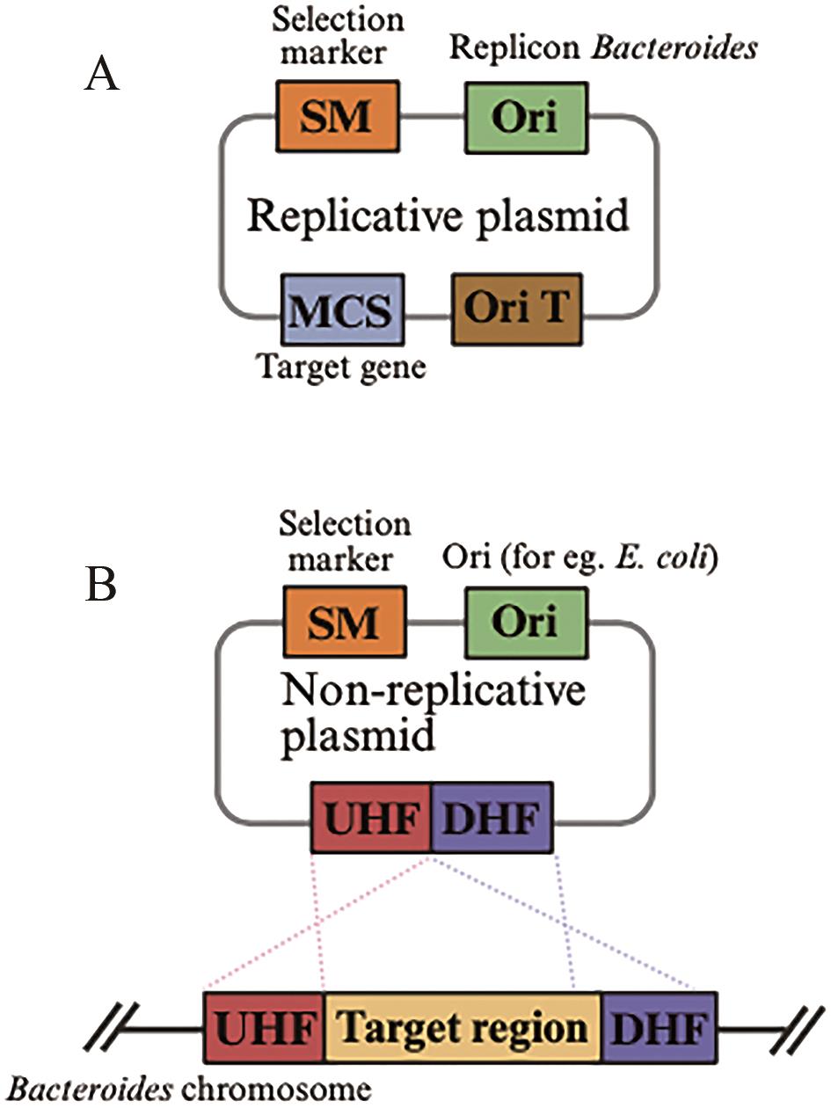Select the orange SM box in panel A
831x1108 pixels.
[x=339, y=117]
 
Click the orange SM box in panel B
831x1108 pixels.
[x=339, y=623]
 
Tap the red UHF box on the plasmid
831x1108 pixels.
[x=371, y=816]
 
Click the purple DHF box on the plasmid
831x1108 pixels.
[x=492, y=816]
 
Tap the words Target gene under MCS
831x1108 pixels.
[x=341, y=367]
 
